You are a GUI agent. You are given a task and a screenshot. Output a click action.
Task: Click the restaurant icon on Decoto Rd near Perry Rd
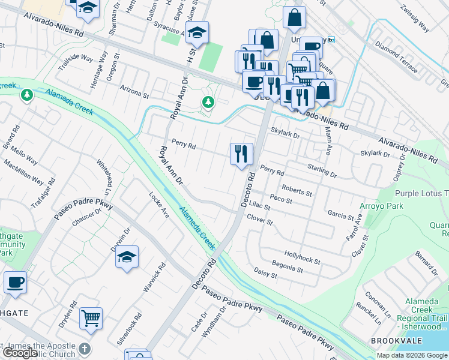pos(241,154)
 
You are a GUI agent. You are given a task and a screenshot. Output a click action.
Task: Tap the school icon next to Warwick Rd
pos(127,257)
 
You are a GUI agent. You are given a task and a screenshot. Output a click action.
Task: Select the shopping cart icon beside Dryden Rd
pos(91,318)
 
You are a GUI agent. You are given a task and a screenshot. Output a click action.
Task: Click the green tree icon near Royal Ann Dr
pos(208,103)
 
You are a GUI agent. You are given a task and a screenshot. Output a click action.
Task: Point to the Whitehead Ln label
pos(105,176)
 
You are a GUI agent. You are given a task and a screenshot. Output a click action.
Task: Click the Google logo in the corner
pos(20,353)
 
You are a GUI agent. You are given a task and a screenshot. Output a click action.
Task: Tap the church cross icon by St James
pos(85,349)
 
